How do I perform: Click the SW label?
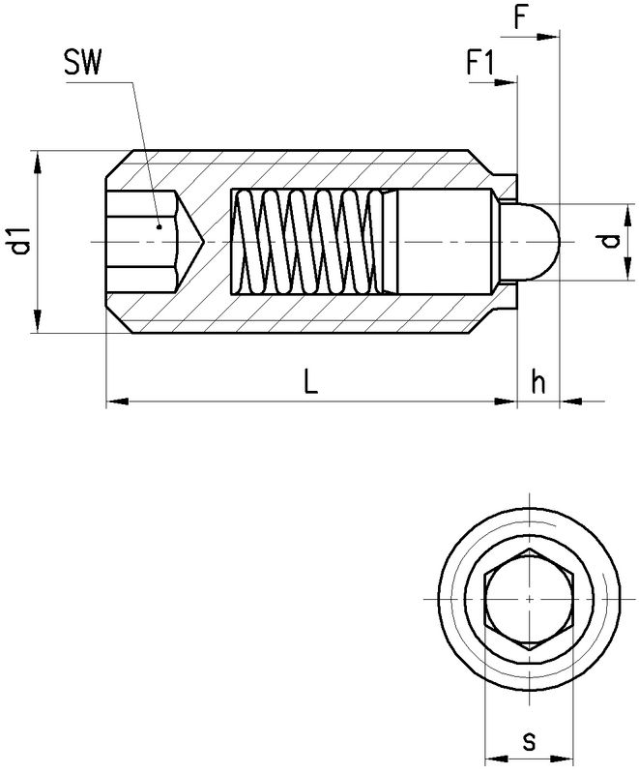click(x=85, y=66)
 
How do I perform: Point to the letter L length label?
click(x=308, y=382)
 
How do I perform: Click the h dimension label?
click(x=538, y=382)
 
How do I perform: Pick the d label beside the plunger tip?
click(x=607, y=242)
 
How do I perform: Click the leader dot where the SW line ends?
click(x=158, y=228)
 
